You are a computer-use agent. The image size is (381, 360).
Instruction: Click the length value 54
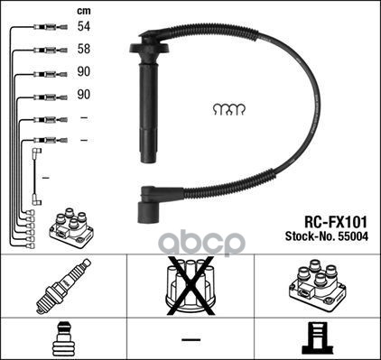coord(84,26)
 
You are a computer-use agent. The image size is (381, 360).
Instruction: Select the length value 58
coord(84,49)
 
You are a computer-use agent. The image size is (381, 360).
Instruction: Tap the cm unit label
coord(84,11)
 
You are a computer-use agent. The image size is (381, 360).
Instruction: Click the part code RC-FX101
coord(336,223)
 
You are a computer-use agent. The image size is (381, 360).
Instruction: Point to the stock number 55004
coord(353,236)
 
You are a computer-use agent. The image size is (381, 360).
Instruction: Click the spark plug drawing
coord(63,286)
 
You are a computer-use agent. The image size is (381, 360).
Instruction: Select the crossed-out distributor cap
coord(190,286)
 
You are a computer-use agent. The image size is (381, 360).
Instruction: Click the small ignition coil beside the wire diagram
coord(71,227)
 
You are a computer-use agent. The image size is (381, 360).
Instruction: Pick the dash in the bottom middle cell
coord(190,340)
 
